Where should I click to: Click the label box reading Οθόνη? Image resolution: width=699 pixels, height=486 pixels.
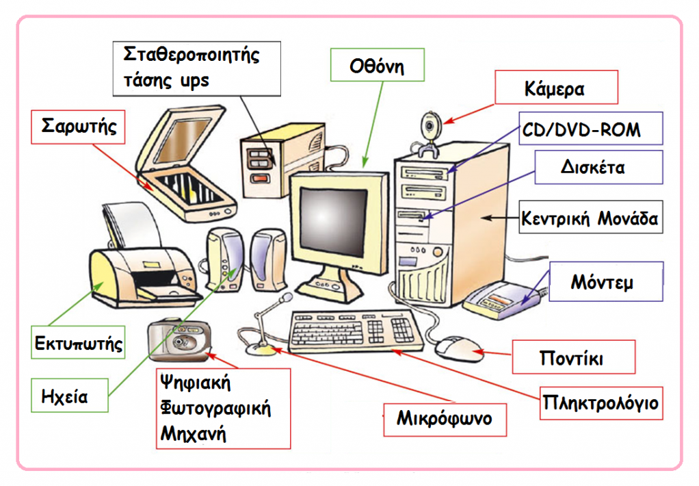pos(377,65)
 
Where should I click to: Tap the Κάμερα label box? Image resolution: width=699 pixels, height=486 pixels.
pos(556,87)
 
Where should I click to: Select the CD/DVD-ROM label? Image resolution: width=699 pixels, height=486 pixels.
pos(591,129)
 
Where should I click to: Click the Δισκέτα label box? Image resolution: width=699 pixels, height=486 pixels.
pos(598,167)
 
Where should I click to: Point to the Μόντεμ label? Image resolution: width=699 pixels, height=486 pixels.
pos(606,281)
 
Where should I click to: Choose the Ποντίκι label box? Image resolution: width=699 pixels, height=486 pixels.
pos(574,357)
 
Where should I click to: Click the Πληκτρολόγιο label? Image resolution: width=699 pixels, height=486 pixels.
pos(601,403)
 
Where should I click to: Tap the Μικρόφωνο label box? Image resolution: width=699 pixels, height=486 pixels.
pos(445,420)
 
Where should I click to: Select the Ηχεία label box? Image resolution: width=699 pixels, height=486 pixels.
pos(70,396)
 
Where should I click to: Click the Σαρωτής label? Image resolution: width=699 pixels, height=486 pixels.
pos(78,127)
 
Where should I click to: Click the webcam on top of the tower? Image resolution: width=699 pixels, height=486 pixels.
pos(430,134)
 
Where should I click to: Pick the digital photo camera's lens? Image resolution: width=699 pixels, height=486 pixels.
pos(180,342)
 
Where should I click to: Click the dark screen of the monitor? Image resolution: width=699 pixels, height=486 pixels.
pos(333,222)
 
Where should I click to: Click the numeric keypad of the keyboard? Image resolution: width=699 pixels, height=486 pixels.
pos(401,330)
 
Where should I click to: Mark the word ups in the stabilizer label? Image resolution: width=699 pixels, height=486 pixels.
pos(194,81)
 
